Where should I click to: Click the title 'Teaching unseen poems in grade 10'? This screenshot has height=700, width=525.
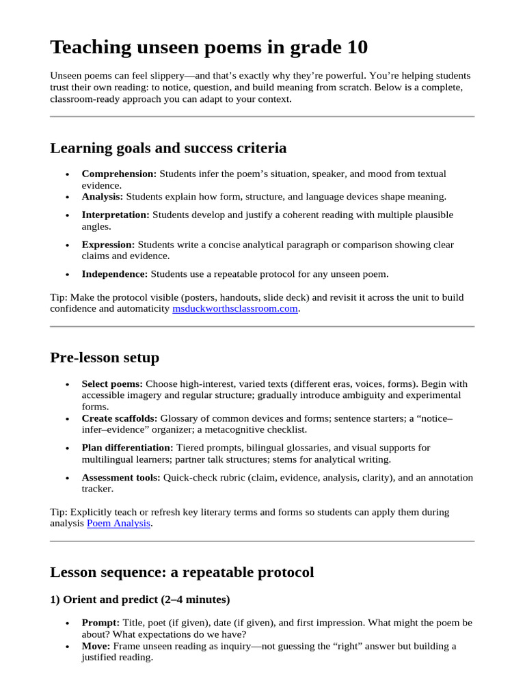click(208, 47)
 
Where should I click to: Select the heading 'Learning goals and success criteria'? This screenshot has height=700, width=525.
click(168, 148)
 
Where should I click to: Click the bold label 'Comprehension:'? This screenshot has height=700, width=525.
click(119, 174)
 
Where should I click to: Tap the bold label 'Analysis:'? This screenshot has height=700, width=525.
click(103, 196)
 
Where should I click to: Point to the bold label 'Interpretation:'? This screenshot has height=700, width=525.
click(116, 215)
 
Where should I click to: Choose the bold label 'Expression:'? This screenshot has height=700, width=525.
click(108, 245)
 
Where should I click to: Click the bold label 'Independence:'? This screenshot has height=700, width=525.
click(114, 274)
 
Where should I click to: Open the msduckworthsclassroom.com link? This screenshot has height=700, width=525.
click(235, 309)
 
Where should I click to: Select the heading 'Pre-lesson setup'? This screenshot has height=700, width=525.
click(105, 358)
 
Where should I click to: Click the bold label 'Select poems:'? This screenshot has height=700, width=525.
click(112, 384)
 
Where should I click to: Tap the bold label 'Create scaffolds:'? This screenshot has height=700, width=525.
click(120, 418)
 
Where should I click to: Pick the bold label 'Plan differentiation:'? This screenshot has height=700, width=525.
click(128, 448)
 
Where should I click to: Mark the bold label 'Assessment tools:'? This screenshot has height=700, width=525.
click(121, 478)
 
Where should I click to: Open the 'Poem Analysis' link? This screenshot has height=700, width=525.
click(118, 524)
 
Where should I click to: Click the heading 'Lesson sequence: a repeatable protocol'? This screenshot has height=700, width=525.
click(182, 572)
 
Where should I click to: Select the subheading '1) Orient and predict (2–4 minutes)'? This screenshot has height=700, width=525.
click(139, 600)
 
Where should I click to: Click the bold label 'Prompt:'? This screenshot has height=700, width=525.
click(100, 623)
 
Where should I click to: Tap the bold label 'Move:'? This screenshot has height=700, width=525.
click(96, 646)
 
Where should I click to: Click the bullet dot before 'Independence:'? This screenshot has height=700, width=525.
click(67, 275)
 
